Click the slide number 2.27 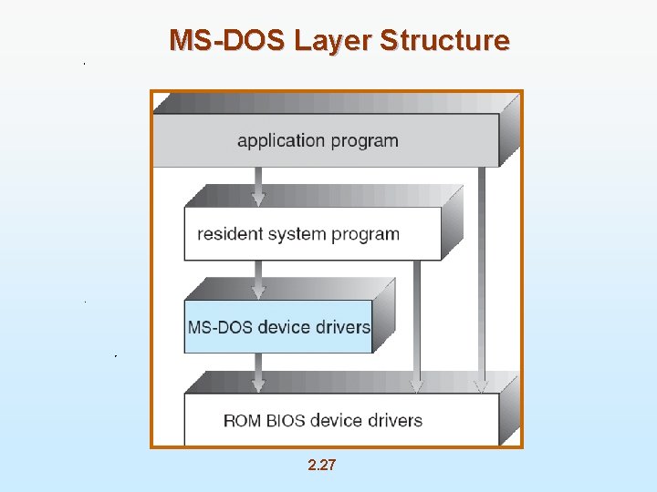[322, 466]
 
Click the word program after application [364, 141]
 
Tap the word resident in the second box [229, 234]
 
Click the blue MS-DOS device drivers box [278, 326]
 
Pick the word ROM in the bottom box [242, 421]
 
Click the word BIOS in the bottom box [285, 421]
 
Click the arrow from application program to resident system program [258, 186]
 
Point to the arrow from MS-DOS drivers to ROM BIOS [258, 372]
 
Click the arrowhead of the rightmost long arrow [481, 386]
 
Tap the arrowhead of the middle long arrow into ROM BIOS [416, 386]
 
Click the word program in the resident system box [365, 235]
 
